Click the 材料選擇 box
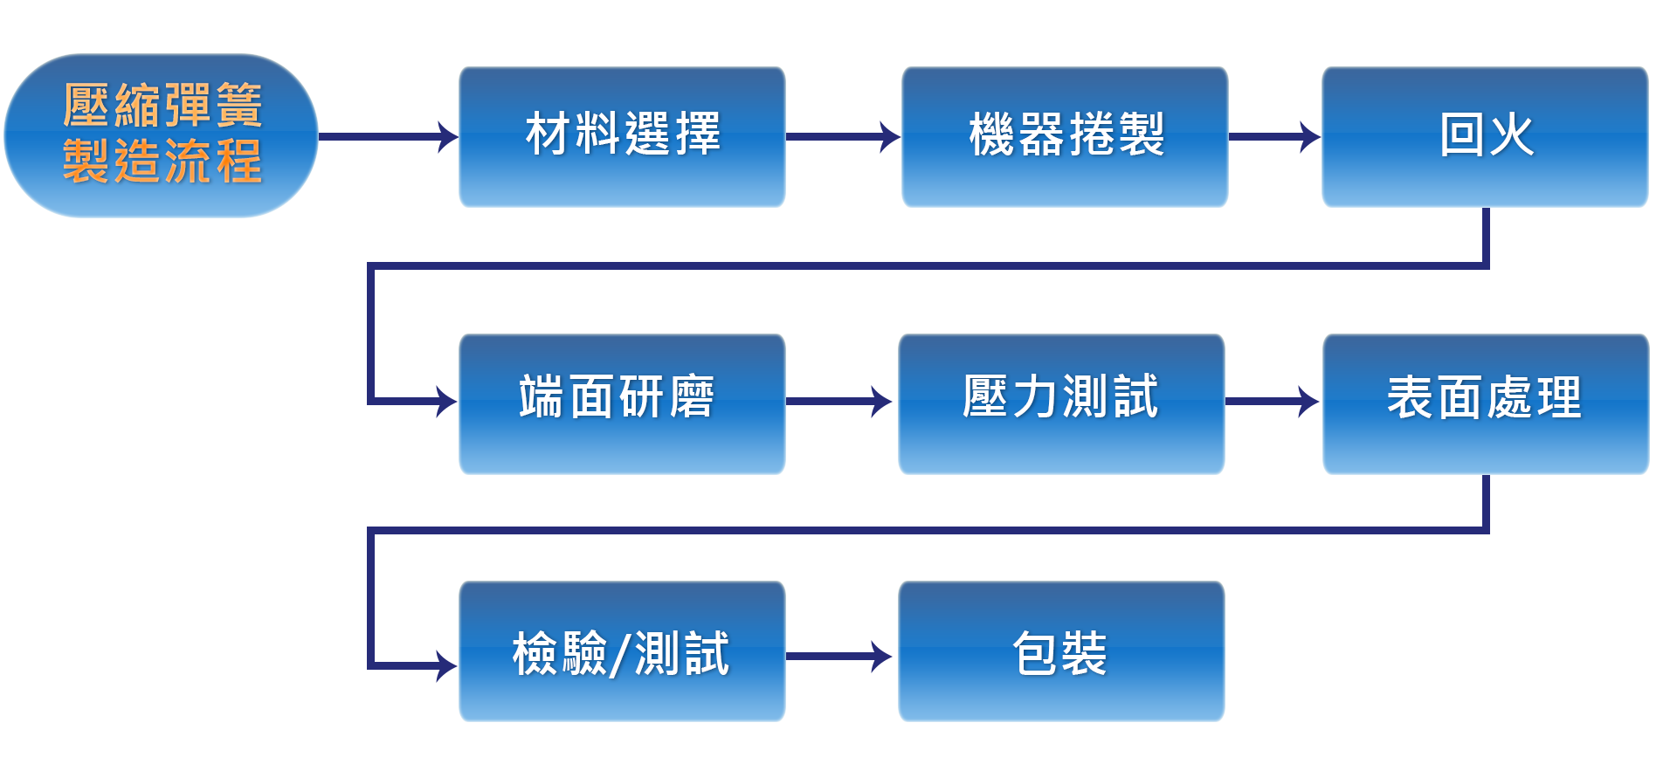pyautogui.click(x=622, y=137)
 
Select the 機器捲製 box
pyautogui.click(x=1065, y=137)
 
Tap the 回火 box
pyautogui.click(x=1485, y=137)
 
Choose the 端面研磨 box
pyautogui.click(x=622, y=403)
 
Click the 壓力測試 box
pyautogui.click(x=1060, y=403)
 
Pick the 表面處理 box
pyautogui.click(x=1485, y=403)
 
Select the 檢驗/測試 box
pyautogui.click(x=622, y=651)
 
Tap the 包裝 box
pyautogui.click(x=1060, y=651)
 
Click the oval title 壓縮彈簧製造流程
pyautogui.click(x=161, y=135)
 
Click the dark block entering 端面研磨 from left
pyautogui.click(x=424, y=401)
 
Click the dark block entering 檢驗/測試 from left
pyautogui.click(x=424, y=665)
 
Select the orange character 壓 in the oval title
pyautogui.click(x=86, y=107)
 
